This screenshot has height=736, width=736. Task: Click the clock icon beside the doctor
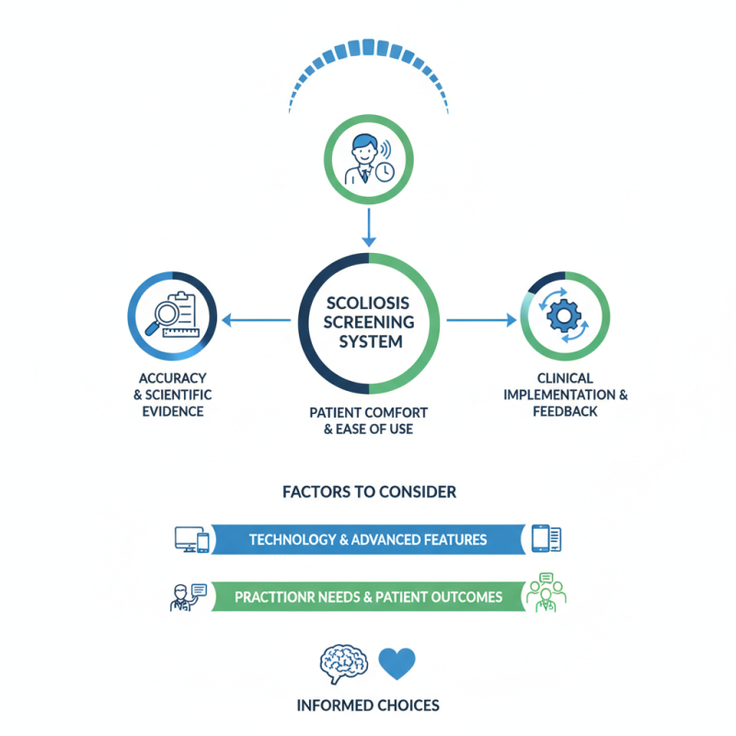(x=385, y=172)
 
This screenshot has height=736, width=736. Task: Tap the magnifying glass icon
(x=164, y=316)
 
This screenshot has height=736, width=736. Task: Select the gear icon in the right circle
(x=564, y=316)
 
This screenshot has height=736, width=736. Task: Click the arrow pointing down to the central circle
(x=369, y=227)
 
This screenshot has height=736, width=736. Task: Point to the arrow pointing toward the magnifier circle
(x=257, y=320)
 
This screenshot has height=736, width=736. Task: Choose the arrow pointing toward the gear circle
(x=481, y=320)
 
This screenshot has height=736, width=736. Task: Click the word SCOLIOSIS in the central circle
(x=368, y=304)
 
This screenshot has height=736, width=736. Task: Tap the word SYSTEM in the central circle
(x=371, y=341)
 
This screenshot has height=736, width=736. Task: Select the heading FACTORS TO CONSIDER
(x=369, y=492)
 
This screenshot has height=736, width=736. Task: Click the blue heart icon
(x=397, y=662)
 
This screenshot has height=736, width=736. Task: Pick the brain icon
(x=343, y=663)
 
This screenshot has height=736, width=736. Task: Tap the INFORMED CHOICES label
(x=368, y=706)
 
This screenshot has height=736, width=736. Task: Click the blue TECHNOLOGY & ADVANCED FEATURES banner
(x=368, y=539)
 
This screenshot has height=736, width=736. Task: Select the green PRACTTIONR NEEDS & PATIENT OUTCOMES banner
(x=368, y=596)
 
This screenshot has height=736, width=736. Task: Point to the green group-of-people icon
(x=546, y=592)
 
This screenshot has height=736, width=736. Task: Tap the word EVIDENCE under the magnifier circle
(x=173, y=411)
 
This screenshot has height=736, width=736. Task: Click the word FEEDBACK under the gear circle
(x=565, y=411)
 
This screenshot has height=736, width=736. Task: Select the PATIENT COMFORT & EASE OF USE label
(x=369, y=420)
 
